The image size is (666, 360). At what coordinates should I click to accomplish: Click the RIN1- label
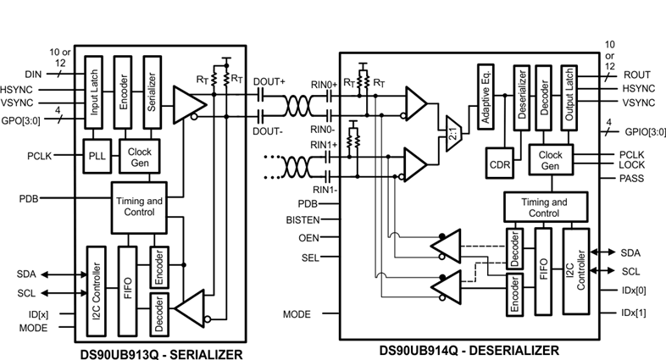pos(325,190)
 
